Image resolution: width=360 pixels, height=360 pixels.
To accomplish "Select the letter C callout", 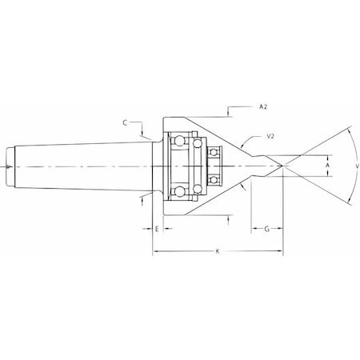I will coord(127,123).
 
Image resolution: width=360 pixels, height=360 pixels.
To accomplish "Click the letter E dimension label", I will coord(157,229).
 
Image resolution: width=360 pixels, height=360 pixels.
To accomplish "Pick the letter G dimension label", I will coord(266,229).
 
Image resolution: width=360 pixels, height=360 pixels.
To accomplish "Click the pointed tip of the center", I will coord(282,166).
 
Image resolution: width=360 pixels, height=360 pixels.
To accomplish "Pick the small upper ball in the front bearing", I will coord(214,150).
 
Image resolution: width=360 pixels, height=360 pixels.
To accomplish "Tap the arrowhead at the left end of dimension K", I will coord(154,254).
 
